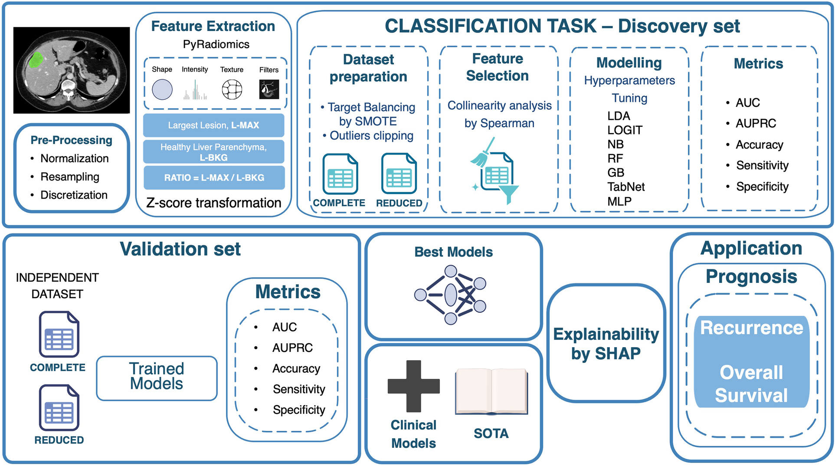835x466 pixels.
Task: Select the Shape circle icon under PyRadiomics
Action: [162, 90]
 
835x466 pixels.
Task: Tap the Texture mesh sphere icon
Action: [232, 90]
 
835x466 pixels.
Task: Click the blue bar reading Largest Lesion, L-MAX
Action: [213, 125]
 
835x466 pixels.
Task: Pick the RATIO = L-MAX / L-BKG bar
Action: [214, 177]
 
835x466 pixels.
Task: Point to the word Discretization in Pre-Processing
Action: [74, 195]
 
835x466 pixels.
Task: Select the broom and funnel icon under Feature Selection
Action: [494, 171]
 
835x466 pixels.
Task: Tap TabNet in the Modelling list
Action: [625, 187]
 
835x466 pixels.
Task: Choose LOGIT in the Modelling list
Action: [625, 130]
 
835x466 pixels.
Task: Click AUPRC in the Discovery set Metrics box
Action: [755, 124]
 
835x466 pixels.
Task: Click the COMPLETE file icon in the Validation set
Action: [59, 335]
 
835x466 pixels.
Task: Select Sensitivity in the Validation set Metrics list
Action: [298, 389]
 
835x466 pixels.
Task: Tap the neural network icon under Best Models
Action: [451, 295]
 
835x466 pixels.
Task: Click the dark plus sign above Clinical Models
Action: [413, 386]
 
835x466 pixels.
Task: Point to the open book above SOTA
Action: [491, 391]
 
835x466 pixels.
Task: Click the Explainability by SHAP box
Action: [606, 344]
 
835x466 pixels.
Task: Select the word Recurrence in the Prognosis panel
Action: [751, 328]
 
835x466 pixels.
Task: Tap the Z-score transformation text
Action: [213, 203]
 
